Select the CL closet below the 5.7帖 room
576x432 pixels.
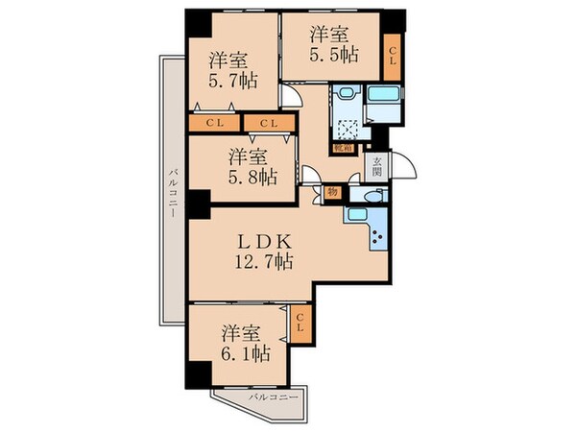pyautogui.click(x=214, y=124)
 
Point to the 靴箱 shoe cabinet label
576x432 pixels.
pyautogui.click(x=341, y=148)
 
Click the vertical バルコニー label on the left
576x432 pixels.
pyautogui.click(x=170, y=192)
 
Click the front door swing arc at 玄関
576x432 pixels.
pyautogui.click(x=406, y=165)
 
